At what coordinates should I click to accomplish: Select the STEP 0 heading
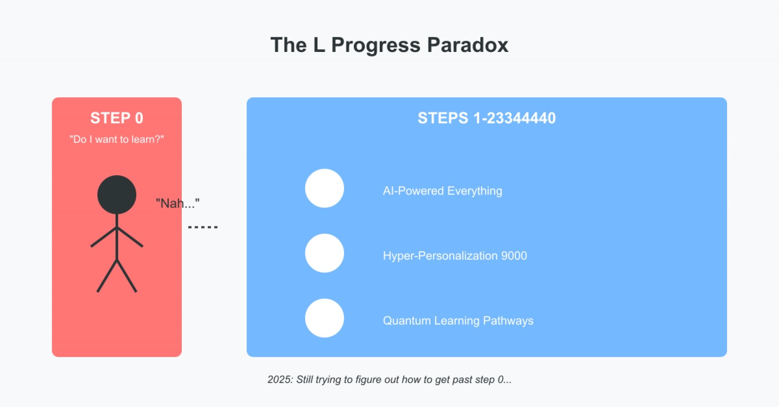coord(117,118)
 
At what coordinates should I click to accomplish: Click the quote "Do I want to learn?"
coord(117,139)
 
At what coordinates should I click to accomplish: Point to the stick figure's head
coord(117,195)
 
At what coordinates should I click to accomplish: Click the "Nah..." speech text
coord(178,203)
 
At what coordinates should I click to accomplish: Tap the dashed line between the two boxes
coord(203,227)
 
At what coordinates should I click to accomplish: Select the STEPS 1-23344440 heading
coord(486,118)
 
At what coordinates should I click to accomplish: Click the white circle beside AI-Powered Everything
coord(325,188)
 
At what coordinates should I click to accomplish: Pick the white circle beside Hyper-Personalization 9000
coord(325,253)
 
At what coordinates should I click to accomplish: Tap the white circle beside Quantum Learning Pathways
coord(325,318)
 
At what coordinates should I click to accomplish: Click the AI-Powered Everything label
coord(443,191)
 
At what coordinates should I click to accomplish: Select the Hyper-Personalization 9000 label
coord(455,256)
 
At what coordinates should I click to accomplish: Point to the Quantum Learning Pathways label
coord(458,321)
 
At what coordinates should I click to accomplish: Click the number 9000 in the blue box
coord(514,256)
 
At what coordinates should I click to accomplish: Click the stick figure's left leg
coord(107,276)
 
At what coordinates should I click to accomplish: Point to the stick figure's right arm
coord(130,237)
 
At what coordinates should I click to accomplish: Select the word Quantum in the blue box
coord(407,321)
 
